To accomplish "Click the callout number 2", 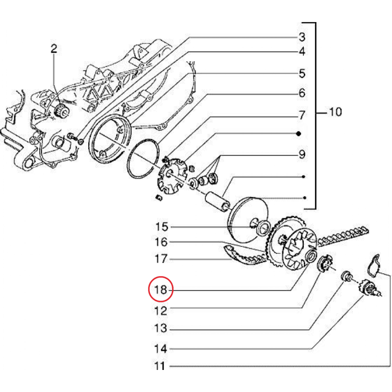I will [53, 49].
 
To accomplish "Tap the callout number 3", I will [302, 37].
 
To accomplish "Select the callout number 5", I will [302, 73].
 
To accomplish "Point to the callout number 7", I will [302, 116].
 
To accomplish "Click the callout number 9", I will [302, 155].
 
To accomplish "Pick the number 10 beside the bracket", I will [335, 113].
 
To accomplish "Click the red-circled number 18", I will [161, 290].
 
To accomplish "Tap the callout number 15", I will [161, 227].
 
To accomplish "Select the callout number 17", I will [161, 258].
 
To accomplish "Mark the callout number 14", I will [161, 349].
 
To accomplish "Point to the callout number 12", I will [161, 311].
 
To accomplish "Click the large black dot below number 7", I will [298, 134].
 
